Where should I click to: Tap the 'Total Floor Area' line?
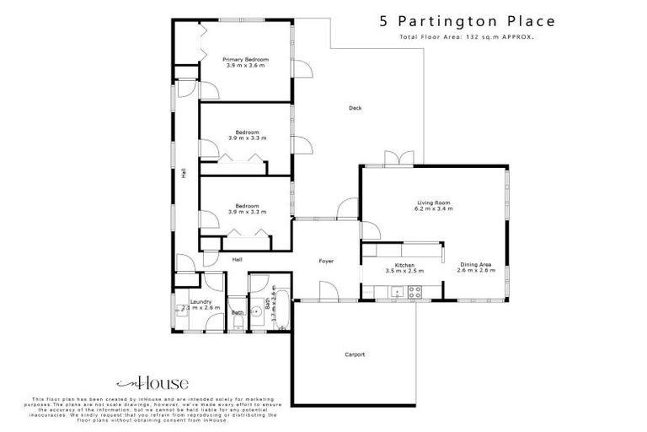467,39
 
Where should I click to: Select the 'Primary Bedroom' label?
245,60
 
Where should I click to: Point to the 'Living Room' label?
435,202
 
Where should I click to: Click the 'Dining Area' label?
476,265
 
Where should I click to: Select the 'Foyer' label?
326,262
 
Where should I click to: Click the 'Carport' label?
356,354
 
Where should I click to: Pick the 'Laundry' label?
201,301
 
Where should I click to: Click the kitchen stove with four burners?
414,293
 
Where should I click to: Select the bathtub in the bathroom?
281,310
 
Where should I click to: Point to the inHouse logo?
151,383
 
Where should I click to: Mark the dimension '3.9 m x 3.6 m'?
245,66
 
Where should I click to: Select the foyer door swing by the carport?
330,292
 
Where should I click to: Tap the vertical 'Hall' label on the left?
183,175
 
